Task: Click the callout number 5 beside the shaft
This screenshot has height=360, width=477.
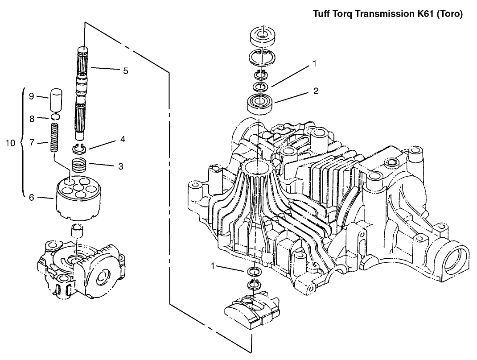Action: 126,70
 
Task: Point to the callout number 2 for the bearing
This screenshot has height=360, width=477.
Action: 316,91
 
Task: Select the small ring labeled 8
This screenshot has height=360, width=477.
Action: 56,118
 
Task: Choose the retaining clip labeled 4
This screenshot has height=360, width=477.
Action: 78,149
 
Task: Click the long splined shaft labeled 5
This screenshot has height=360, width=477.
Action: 84,94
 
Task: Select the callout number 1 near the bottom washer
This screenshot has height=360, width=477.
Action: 214,266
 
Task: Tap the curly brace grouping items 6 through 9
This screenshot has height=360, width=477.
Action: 22,143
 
